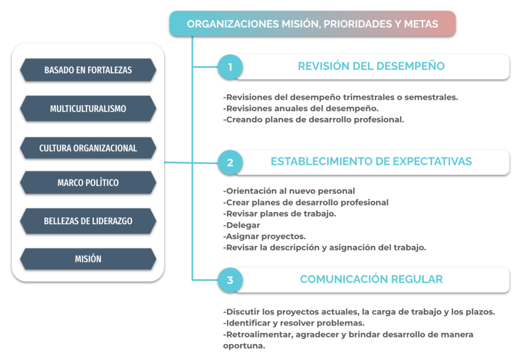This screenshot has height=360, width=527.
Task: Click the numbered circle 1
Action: point(230,67)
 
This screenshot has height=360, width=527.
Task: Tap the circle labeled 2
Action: point(230,163)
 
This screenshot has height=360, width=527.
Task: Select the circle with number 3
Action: point(230,280)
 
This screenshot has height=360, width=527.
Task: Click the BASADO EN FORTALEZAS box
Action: point(88,70)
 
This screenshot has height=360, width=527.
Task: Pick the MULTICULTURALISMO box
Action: point(88,109)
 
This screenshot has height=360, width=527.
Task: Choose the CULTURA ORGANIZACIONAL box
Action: point(88,148)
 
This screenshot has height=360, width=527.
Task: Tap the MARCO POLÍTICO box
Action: point(88,183)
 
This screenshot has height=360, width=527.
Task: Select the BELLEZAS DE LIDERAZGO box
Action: point(88,221)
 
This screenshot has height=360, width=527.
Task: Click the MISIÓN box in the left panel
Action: point(88,259)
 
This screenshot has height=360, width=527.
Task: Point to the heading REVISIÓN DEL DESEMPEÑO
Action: point(371,66)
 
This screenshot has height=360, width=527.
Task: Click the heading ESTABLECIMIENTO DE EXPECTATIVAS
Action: point(371,161)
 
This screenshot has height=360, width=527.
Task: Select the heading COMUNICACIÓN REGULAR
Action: point(371,279)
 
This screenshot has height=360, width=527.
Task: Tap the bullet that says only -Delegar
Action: point(241,225)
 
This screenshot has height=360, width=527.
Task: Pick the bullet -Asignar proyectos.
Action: point(264,237)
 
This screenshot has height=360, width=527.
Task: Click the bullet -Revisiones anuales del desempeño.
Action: point(301,109)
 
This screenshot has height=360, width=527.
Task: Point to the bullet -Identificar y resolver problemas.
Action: point(294,323)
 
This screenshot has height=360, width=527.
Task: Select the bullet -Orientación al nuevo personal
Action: point(289,191)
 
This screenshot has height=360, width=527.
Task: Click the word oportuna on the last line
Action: point(244,346)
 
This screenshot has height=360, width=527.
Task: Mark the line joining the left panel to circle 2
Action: point(191,163)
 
